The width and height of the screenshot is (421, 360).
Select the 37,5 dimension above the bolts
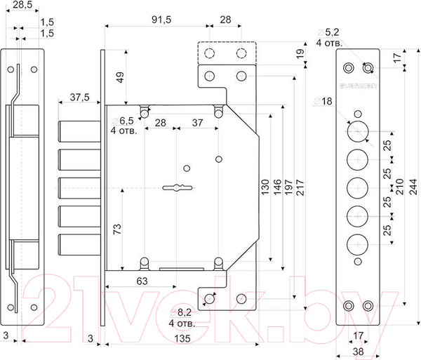pyautogui.click(x=80, y=98)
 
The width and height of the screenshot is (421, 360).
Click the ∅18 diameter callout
pyautogui.click(x=327, y=102)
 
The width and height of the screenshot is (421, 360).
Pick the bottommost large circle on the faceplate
pyautogui.click(x=358, y=245)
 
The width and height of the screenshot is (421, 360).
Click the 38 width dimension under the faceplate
pyautogui.click(x=359, y=352)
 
